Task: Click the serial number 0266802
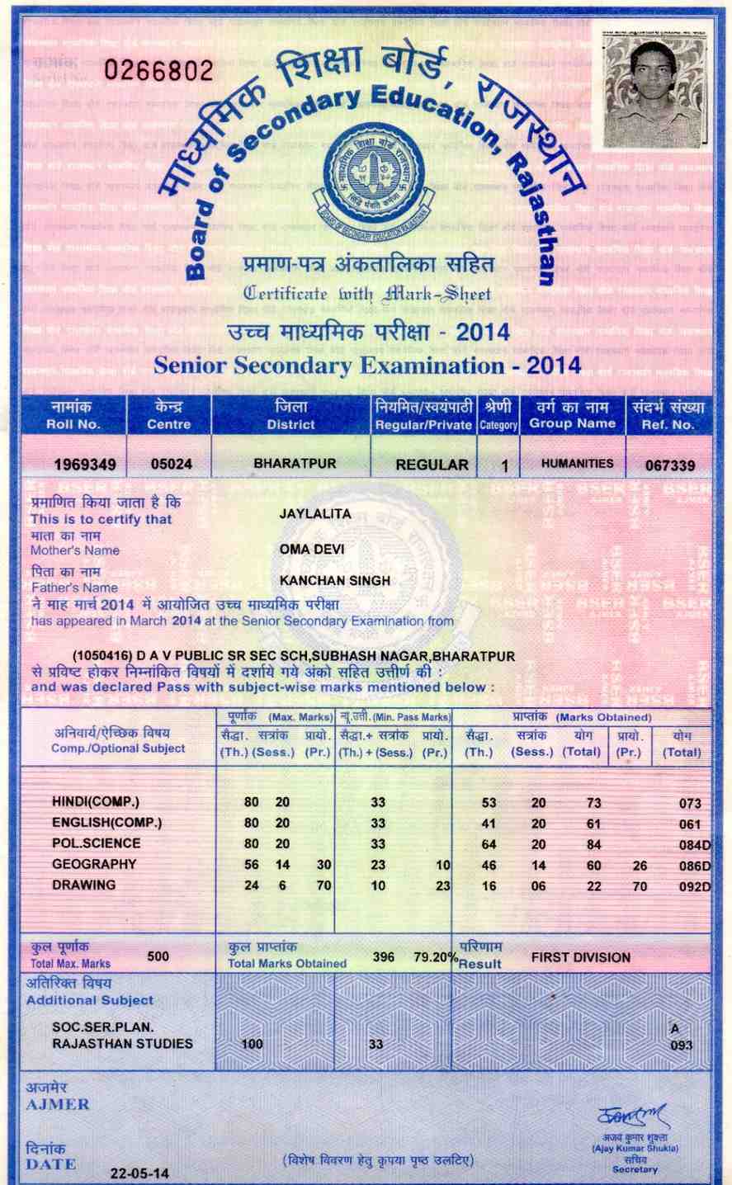(x=158, y=70)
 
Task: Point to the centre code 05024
(x=172, y=465)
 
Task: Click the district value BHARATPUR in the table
(x=295, y=464)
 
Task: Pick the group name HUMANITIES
(x=577, y=464)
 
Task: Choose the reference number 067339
(x=670, y=465)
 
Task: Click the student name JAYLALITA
(x=315, y=514)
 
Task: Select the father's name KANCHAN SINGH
(x=335, y=581)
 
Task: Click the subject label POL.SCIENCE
(x=96, y=843)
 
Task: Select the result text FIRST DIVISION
(x=581, y=958)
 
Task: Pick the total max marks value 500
(x=158, y=956)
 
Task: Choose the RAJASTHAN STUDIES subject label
(x=122, y=1044)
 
